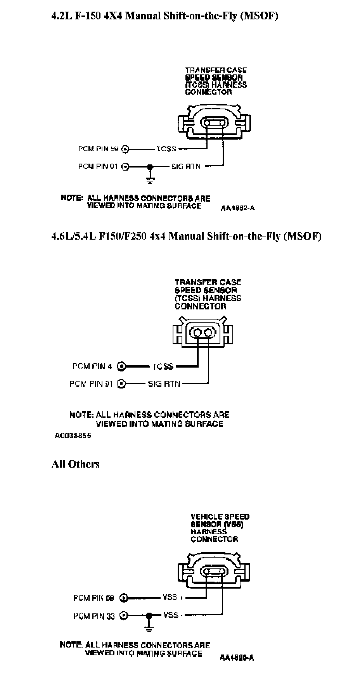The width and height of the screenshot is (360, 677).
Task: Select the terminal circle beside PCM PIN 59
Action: click(x=125, y=149)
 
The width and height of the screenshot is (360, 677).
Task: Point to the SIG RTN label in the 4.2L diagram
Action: click(x=186, y=166)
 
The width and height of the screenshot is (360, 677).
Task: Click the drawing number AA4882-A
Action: click(x=238, y=208)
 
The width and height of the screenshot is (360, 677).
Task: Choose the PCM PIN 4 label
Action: click(x=92, y=366)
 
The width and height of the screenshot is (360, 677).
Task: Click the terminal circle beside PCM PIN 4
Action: click(x=122, y=366)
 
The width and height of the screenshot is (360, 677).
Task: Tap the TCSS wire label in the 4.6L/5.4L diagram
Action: click(x=163, y=366)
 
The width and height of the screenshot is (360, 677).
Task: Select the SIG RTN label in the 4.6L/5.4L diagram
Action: click(x=164, y=384)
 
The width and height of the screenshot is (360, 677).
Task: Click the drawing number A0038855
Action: click(x=73, y=435)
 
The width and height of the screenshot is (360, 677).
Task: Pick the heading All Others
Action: click(x=75, y=464)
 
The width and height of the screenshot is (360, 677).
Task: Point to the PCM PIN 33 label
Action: click(x=94, y=616)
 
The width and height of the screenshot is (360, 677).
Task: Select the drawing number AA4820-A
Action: click(x=237, y=658)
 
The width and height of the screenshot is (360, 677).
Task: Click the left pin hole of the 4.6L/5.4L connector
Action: click(x=198, y=333)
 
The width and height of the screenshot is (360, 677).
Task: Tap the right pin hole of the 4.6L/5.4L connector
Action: click(x=209, y=333)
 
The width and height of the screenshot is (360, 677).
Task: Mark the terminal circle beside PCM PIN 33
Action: click(x=123, y=615)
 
